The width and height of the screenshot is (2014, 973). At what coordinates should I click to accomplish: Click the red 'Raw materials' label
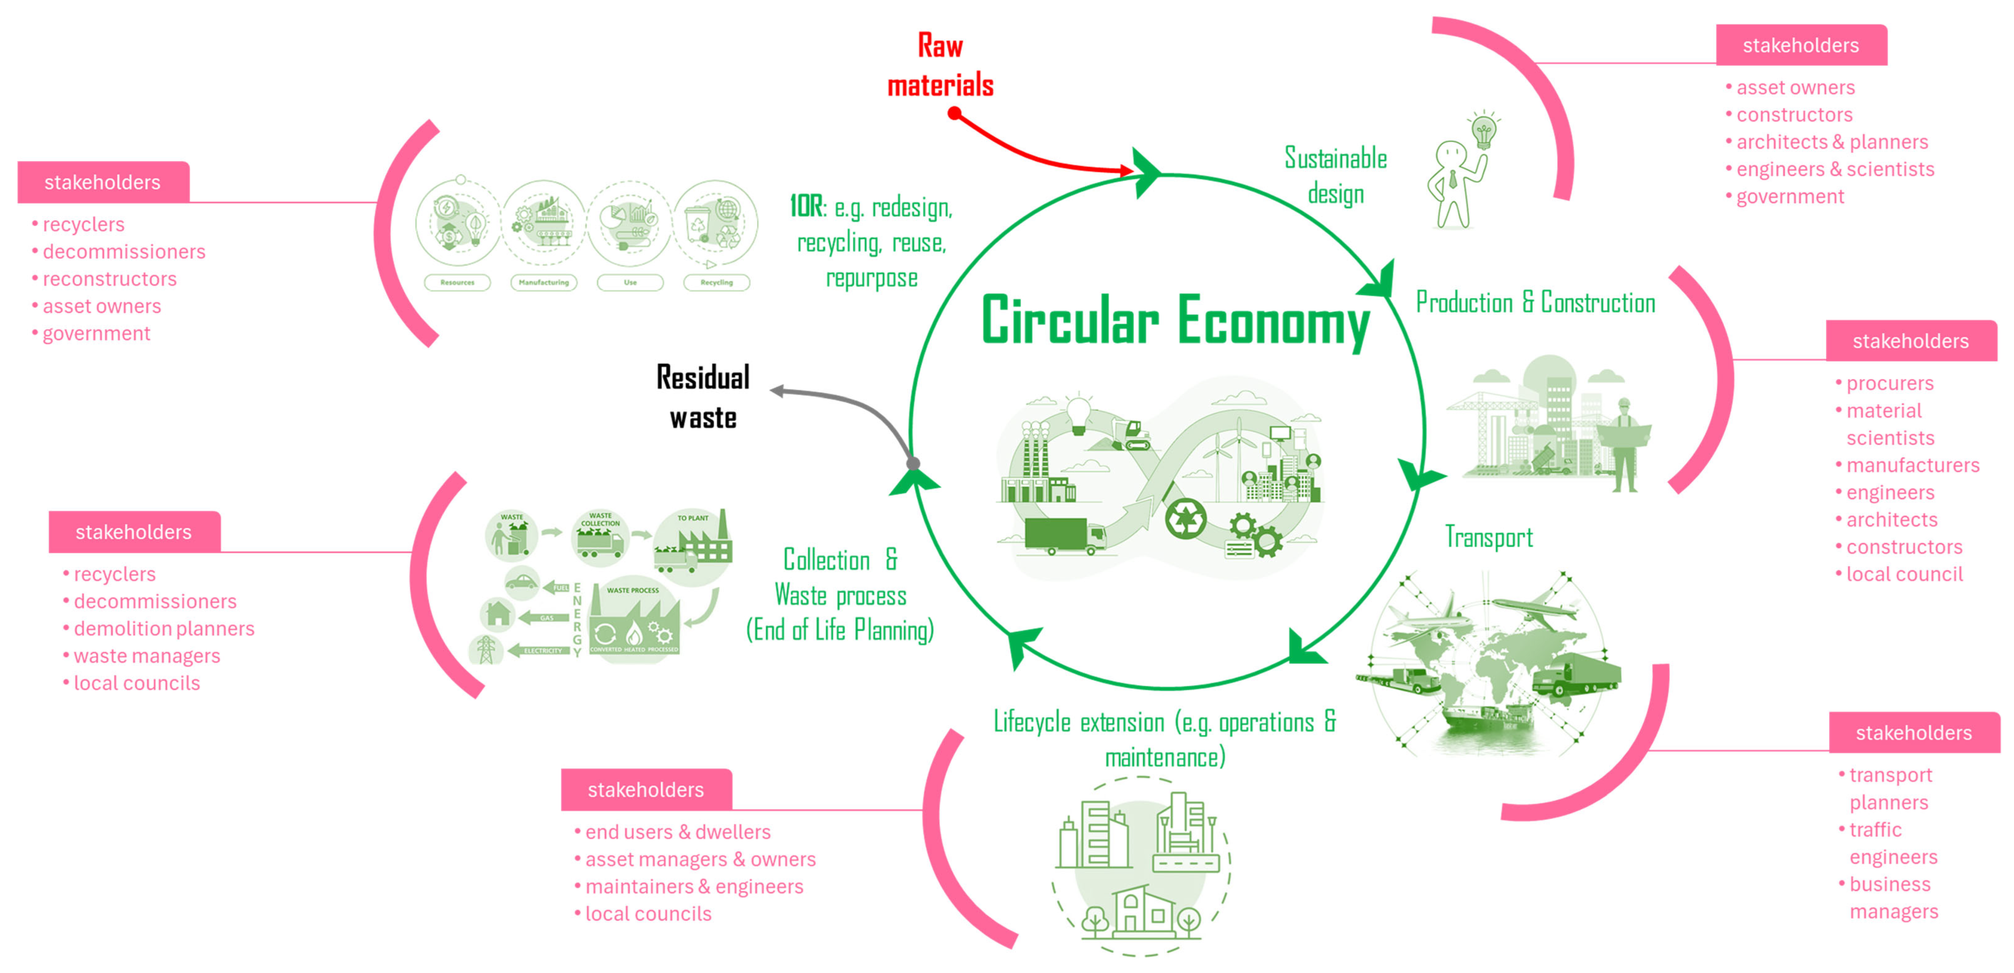pos(940,66)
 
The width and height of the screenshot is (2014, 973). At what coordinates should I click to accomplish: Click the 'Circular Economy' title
pos(1175,320)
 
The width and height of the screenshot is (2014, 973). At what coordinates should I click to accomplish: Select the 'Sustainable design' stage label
pos(1335,176)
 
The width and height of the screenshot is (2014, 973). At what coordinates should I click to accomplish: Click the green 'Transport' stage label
pos(1489,538)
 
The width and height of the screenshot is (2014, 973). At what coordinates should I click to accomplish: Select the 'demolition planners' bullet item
pos(163,628)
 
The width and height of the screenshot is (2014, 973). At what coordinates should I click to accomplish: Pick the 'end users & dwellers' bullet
pos(677,832)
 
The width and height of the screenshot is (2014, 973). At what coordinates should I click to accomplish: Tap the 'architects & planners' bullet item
pos(1832,142)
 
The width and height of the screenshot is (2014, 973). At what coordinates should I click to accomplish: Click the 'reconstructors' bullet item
pos(109,279)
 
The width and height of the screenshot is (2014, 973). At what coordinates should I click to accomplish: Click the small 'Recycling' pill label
pos(716,282)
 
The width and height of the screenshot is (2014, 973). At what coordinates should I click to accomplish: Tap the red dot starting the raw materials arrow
pos(954,113)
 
